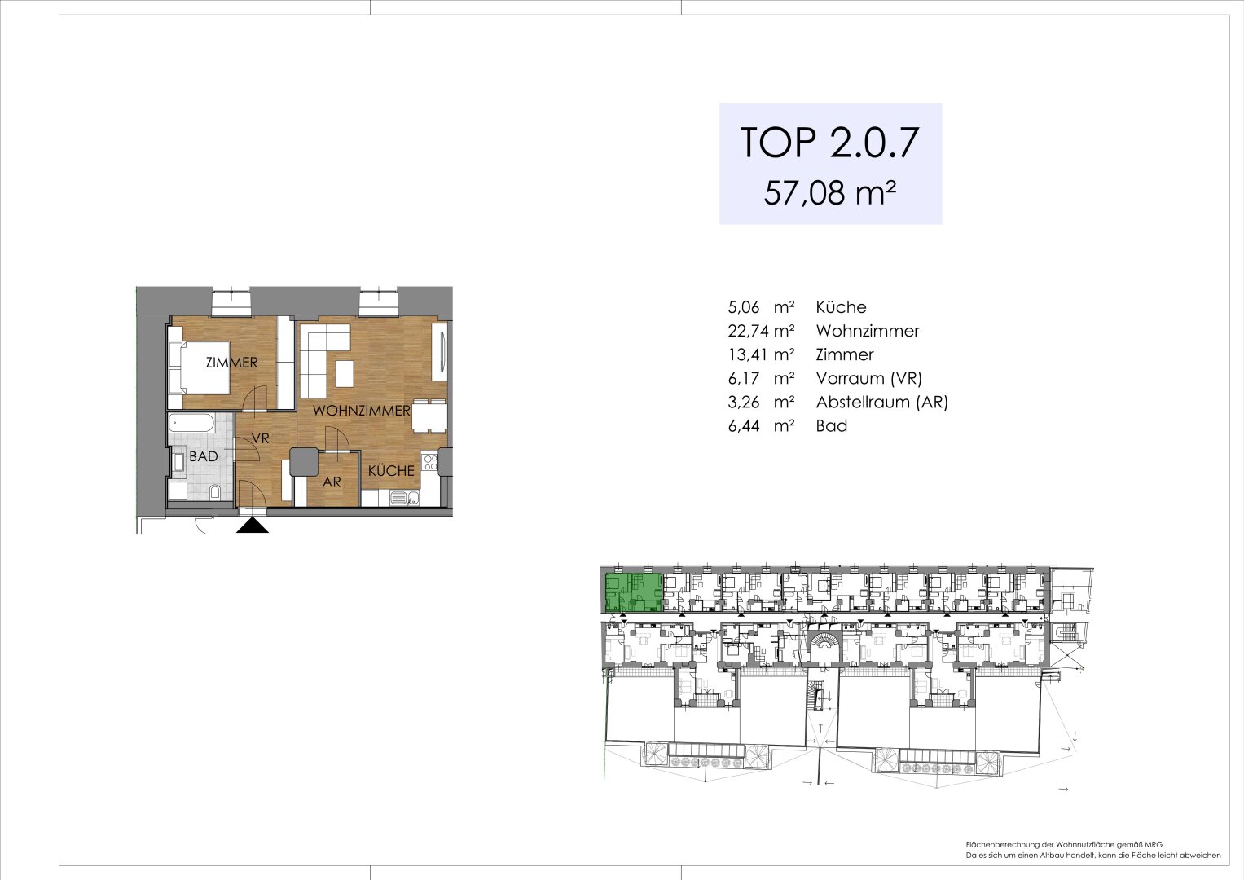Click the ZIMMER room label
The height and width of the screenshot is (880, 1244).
click(x=231, y=363)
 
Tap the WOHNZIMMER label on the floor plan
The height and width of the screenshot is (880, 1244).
click(x=361, y=411)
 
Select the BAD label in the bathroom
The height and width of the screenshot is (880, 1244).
click(x=204, y=456)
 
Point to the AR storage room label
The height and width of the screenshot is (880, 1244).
click(x=332, y=482)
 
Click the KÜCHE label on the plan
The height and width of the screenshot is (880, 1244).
click(x=391, y=471)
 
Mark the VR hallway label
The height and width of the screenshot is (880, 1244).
click(x=260, y=438)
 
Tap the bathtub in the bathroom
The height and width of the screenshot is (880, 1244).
click(x=191, y=423)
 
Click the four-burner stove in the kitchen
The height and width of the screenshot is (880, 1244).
click(x=430, y=462)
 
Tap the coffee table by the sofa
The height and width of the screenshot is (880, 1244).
click(x=345, y=373)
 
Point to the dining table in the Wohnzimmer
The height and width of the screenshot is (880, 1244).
click(x=429, y=416)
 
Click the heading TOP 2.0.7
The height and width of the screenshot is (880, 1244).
click(x=829, y=143)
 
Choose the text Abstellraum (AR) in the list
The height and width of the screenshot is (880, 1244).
click(x=881, y=402)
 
